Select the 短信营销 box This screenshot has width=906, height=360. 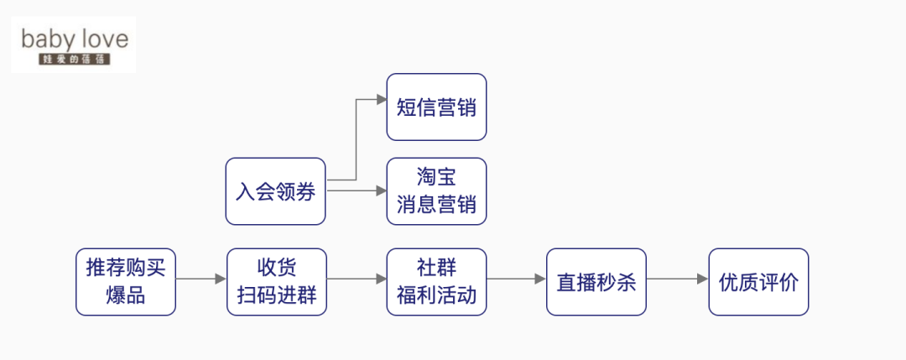tap(436, 107)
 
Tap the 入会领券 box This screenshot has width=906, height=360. tap(275, 191)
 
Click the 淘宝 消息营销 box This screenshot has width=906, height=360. tap(436, 191)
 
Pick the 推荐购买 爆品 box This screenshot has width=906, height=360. tap(126, 282)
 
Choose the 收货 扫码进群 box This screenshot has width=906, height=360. tap(276, 282)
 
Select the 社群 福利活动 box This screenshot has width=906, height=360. tap(436, 282)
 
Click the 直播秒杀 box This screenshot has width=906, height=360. tap(596, 282)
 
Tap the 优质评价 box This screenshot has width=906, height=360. tap(758, 282)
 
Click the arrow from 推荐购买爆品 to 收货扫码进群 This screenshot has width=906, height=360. tap(201, 279)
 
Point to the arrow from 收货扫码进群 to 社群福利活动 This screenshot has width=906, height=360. tap(357, 279)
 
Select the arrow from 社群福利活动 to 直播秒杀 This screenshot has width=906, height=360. tap(516, 279)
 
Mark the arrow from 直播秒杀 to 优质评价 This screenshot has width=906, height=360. tap(678, 279)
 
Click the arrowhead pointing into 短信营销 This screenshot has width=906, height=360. tap(381, 99)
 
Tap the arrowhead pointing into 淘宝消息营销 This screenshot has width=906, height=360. tap(381, 191)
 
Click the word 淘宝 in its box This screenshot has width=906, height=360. tap(436, 178)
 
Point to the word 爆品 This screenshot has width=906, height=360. tap(126, 296)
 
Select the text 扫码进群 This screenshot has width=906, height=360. tap(276, 296)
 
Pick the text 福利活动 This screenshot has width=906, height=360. tap(436, 296)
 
